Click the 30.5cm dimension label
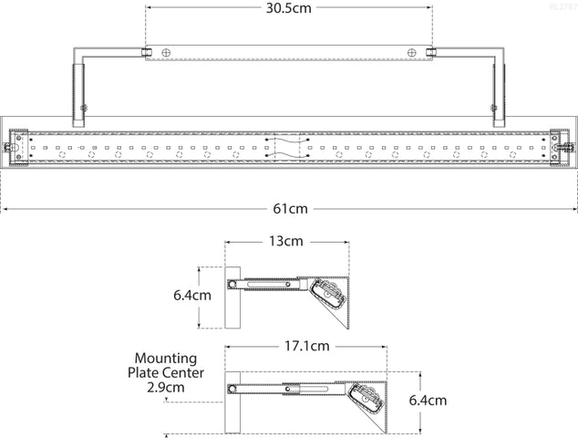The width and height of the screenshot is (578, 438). (289, 8)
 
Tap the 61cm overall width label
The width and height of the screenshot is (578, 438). (289, 208)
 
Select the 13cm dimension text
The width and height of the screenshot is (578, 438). (286, 242)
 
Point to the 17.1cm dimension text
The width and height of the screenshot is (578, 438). (307, 347)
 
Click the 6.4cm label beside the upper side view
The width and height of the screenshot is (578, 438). (192, 296)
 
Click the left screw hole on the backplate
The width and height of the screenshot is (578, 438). (165, 53)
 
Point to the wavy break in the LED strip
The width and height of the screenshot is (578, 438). (289, 145)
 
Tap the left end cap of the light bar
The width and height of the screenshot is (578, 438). (15, 145)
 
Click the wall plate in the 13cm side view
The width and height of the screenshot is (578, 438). (232, 297)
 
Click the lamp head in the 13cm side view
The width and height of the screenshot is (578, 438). (329, 296)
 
